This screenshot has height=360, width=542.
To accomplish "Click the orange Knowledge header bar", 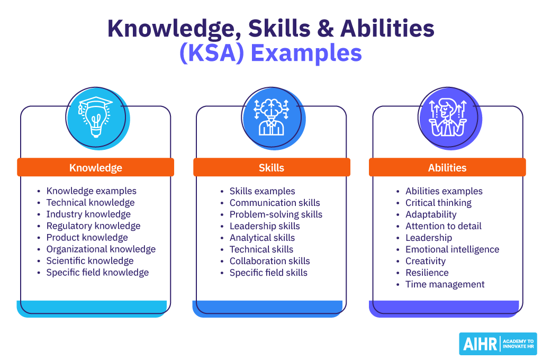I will click(x=95, y=168).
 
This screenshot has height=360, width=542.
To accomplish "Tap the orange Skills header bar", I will click(x=272, y=168).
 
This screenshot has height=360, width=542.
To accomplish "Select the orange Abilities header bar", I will click(x=447, y=168).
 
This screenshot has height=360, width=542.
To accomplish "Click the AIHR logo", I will click(x=498, y=344).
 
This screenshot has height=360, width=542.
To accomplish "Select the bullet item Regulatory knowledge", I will click(x=93, y=226).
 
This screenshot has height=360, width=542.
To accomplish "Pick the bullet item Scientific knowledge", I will click(x=90, y=261).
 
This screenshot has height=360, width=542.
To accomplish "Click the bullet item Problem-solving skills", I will click(x=276, y=214).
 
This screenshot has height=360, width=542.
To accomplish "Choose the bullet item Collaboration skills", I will click(x=269, y=261).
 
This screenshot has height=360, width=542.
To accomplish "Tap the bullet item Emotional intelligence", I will click(x=452, y=249).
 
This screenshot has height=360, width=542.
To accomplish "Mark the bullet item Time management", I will click(x=445, y=284).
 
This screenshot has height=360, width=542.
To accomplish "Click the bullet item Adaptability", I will click(x=431, y=214).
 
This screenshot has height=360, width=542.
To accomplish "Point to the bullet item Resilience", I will click(x=427, y=273).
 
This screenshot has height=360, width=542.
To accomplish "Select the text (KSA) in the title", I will click(x=212, y=54).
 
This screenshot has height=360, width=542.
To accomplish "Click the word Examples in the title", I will click(x=306, y=54).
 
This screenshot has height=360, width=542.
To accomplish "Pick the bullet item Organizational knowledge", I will click(x=101, y=249).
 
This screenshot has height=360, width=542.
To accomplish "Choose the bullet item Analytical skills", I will click(x=262, y=238).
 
